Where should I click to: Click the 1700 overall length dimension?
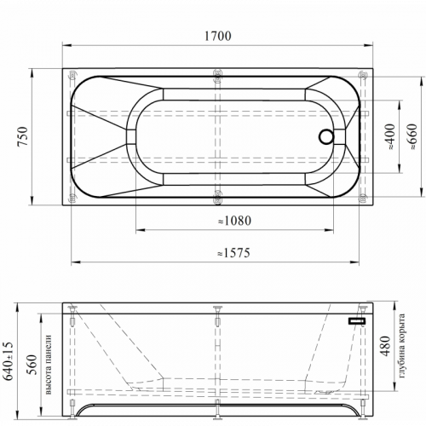[218, 36]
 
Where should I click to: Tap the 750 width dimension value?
[23, 136]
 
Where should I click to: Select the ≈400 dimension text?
[391, 136]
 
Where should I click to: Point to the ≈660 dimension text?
[412, 136]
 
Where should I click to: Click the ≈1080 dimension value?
[235, 221]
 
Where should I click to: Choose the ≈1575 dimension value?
[234, 253]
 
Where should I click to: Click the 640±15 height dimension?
[9, 360]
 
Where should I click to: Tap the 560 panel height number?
[32, 365]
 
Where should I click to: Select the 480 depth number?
[385, 346]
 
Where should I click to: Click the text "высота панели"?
[49, 365]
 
